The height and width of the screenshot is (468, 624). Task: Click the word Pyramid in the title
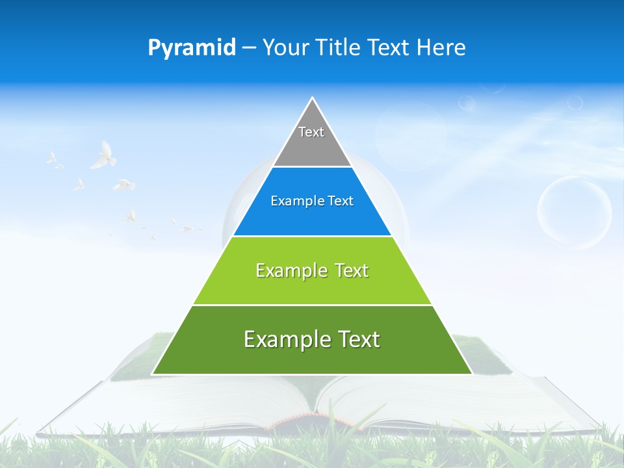point(191,47)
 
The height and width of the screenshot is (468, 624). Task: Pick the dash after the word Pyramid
point(248,48)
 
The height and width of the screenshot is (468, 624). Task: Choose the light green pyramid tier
point(312,286)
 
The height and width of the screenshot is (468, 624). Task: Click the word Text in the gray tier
point(311,132)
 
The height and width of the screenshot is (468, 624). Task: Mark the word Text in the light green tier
point(352,270)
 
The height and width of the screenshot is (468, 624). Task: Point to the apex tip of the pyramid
point(313,99)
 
